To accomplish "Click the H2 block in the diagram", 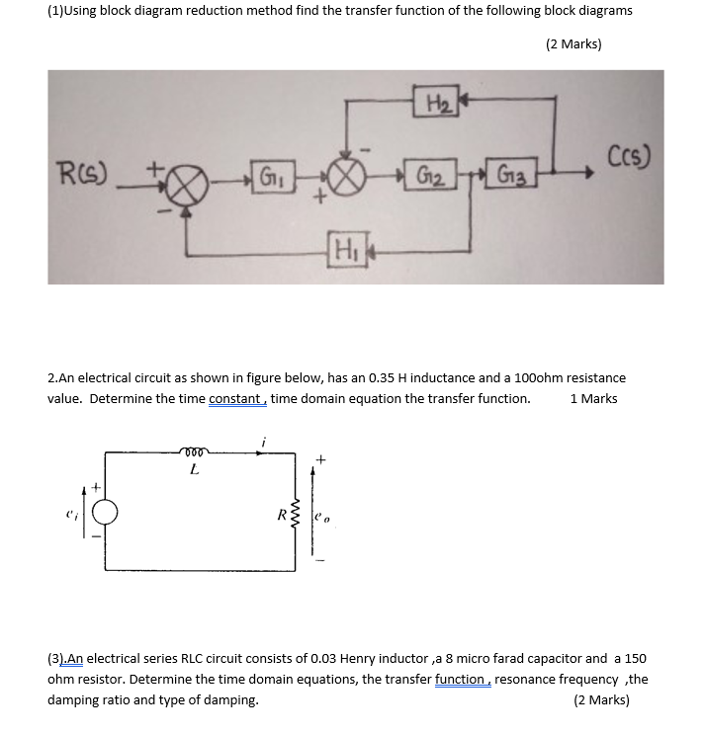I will [436, 101].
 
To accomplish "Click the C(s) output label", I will [629, 157].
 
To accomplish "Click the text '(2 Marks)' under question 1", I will [573, 43].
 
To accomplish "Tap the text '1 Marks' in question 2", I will [593, 399].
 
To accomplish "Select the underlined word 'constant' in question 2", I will [235, 399].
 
